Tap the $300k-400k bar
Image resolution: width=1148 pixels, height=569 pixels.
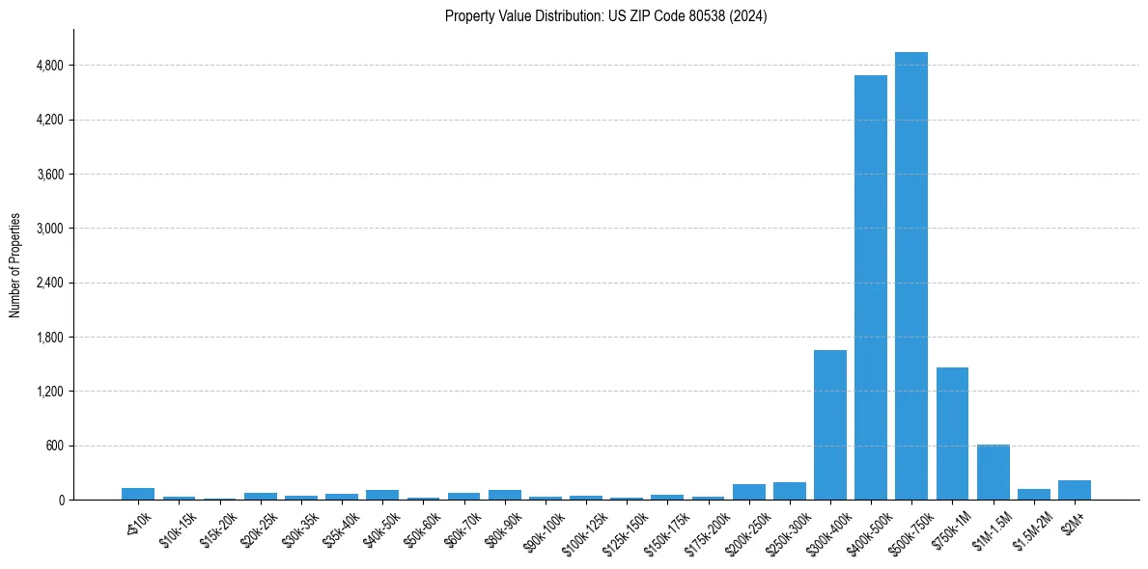pos(829,424)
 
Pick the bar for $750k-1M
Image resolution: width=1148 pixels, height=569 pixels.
pos(952,433)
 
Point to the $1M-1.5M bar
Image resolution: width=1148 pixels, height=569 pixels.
pos(993,472)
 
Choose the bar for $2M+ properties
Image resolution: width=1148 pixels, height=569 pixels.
pos(1074,490)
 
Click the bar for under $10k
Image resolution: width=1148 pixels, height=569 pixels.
pos(138,494)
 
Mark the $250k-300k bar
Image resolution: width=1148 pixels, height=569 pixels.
pos(789,491)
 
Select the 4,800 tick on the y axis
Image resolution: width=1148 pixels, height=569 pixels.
pos(49,66)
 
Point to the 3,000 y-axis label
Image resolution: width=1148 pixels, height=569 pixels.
pos(49,229)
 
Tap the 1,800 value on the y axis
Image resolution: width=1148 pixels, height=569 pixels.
pos(49,338)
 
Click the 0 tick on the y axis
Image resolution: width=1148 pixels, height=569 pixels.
pos(61,501)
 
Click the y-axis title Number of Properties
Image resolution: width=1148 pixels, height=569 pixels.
pos(15,265)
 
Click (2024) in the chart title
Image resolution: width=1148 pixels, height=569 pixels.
pos(749,16)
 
